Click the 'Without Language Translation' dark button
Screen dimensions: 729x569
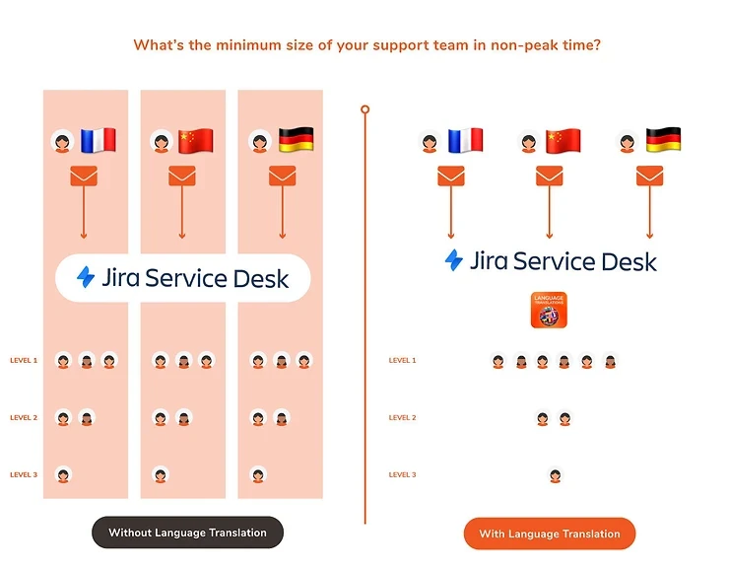(187, 533)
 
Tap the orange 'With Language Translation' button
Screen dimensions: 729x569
(550, 533)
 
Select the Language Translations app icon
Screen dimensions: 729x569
(550, 310)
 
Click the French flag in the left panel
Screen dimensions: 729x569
(98, 140)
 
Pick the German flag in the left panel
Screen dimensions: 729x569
(295, 140)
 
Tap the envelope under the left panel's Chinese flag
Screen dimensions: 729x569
(182, 177)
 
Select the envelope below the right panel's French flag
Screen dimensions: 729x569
(451, 177)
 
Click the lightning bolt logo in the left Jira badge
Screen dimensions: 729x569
(87, 277)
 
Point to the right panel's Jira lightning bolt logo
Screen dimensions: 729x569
(454, 260)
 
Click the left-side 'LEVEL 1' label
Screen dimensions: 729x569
(24, 361)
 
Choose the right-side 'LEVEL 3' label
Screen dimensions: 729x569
(402, 475)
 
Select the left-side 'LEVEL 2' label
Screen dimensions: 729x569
(24, 418)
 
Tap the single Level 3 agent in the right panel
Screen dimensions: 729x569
(555, 475)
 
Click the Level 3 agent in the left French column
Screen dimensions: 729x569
(63, 475)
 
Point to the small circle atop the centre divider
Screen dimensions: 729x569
(364, 108)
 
